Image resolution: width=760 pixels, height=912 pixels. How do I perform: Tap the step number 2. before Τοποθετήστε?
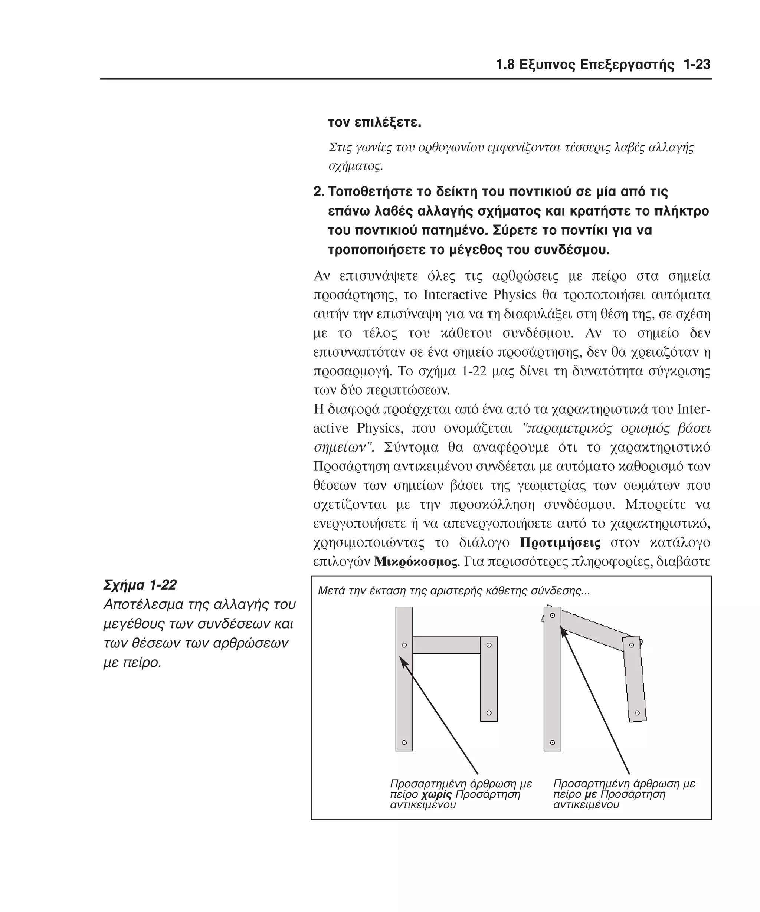(319, 191)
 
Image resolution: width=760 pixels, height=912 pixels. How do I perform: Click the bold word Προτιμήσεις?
(560, 543)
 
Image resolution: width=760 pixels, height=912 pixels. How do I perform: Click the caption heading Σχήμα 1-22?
(140, 585)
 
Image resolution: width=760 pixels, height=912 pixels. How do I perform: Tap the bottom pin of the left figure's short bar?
(489, 713)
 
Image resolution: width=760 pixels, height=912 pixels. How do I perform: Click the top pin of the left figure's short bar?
(489, 645)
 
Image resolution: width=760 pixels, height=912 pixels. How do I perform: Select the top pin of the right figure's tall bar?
(553, 616)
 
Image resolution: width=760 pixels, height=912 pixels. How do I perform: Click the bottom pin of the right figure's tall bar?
(553, 743)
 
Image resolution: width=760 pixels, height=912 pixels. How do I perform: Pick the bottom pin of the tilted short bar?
(637, 713)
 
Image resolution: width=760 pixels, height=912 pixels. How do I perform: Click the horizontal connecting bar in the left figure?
(446, 645)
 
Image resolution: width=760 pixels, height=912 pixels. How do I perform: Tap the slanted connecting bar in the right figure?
(593, 630)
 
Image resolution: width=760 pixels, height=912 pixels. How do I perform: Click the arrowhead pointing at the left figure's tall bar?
(402, 661)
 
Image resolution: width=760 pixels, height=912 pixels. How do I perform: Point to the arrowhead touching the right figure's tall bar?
(563, 631)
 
